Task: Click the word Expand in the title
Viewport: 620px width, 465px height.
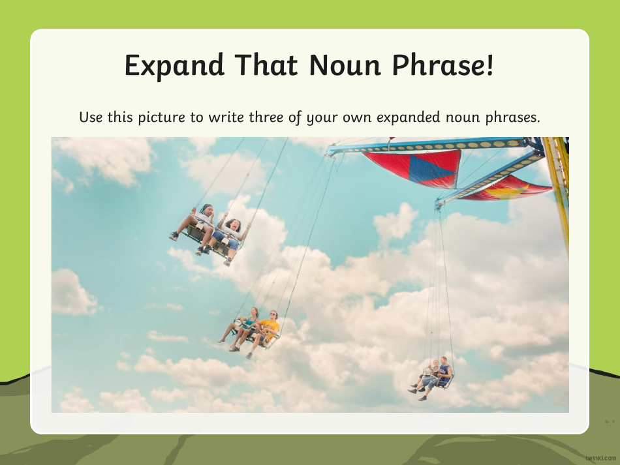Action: tap(174, 66)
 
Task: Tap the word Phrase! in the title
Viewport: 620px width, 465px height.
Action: tap(444, 66)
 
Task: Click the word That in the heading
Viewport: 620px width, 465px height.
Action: tap(264, 66)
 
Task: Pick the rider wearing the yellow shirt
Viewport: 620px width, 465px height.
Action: tap(270, 325)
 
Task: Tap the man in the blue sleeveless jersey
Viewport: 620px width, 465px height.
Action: tap(444, 372)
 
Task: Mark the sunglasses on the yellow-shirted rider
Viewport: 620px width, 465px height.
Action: tap(273, 314)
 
